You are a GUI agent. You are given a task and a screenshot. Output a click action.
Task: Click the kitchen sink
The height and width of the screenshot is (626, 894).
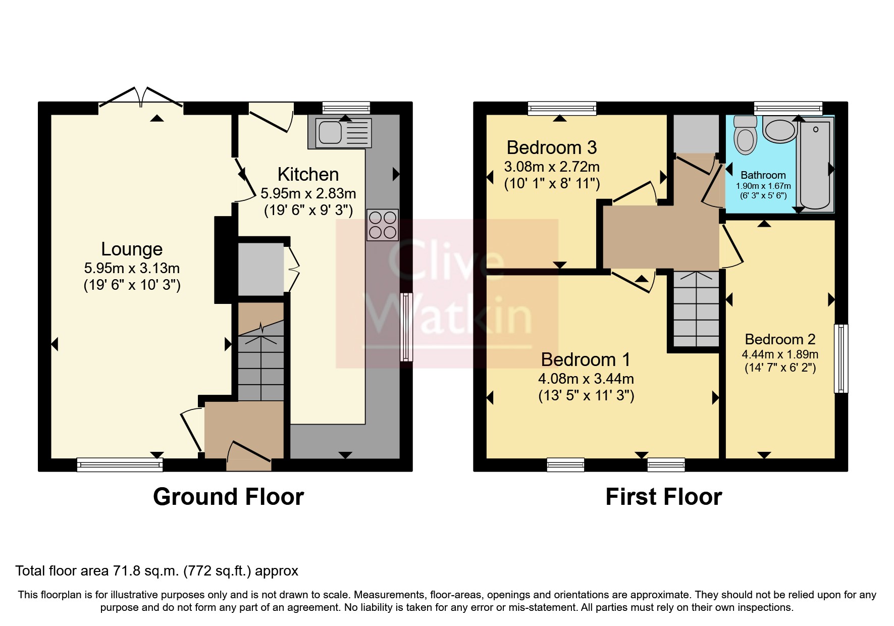pyautogui.click(x=340, y=133)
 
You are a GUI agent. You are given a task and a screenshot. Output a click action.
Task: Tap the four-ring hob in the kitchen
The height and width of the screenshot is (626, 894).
pyautogui.click(x=382, y=225)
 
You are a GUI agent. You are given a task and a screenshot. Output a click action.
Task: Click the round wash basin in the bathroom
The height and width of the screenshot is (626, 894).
pyautogui.click(x=779, y=129)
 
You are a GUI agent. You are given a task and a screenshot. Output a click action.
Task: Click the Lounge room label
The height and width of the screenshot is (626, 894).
pyautogui.click(x=132, y=249)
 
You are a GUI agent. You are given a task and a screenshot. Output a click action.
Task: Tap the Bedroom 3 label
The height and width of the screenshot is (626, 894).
pyautogui.click(x=551, y=147)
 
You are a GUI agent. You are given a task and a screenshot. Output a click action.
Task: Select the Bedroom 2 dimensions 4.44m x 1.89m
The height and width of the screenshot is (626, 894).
pyautogui.click(x=780, y=354)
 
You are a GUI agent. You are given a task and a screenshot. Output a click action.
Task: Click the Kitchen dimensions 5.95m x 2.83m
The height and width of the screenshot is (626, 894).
pyautogui.click(x=308, y=193)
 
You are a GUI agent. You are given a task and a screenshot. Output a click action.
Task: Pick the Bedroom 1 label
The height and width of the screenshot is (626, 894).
pyautogui.click(x=586, y=359)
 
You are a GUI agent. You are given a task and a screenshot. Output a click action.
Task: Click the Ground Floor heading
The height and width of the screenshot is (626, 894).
pyautogui.click(x=228, y=497)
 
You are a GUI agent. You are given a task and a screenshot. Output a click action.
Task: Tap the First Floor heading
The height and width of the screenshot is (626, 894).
pyautogui.click(x=663, y=497)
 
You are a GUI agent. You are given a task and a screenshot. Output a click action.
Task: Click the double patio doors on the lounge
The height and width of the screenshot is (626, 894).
pyautogui.click(x=141, y=97)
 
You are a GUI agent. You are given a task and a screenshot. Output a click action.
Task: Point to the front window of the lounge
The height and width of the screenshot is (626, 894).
pyautogui.click(x=120, y=464)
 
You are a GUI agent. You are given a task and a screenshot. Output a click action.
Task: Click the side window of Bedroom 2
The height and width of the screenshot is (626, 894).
pyautogui.click(x=840, y=358)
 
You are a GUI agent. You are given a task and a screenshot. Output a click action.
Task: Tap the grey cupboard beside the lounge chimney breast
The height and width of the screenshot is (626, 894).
pyautogui.click(x=261, y=270)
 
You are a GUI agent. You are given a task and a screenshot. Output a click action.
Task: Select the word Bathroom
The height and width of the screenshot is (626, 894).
pyautogui.click(x=763, y=175)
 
